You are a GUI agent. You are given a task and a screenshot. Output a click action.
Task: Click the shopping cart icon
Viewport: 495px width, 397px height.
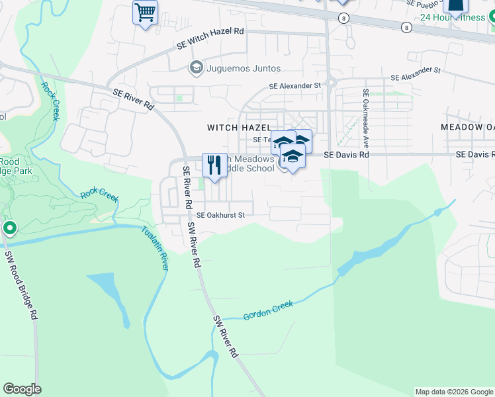tap(145, 12)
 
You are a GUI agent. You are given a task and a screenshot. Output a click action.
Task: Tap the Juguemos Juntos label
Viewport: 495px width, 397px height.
tap(244, 68)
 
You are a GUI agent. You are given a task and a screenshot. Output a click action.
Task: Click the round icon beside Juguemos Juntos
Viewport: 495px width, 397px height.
tap(196, 67)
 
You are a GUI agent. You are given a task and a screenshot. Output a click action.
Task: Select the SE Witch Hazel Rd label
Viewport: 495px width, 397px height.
tap(210, 39)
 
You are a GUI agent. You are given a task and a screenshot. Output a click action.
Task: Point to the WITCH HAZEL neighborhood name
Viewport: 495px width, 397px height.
tap(239, 127)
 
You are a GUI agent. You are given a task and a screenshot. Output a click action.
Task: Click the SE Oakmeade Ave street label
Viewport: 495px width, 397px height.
tap(364, 118)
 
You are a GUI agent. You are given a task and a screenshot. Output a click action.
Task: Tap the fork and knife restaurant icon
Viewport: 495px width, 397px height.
tap(214, 165)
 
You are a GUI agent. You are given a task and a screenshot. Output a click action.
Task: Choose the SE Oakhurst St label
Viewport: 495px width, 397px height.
tap(221, 215)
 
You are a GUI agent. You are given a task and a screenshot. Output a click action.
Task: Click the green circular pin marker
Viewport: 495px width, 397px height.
tap(9, 229)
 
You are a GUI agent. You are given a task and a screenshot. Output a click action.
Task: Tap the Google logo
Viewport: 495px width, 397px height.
tap(22, 389)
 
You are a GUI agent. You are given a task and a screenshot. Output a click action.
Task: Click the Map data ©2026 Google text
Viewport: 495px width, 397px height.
tap(453, 392)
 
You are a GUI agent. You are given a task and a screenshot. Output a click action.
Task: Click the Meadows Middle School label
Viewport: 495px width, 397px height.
tap(248, 163)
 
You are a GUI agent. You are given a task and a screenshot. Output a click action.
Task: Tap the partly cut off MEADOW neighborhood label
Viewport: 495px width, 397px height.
tap(468, 127)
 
